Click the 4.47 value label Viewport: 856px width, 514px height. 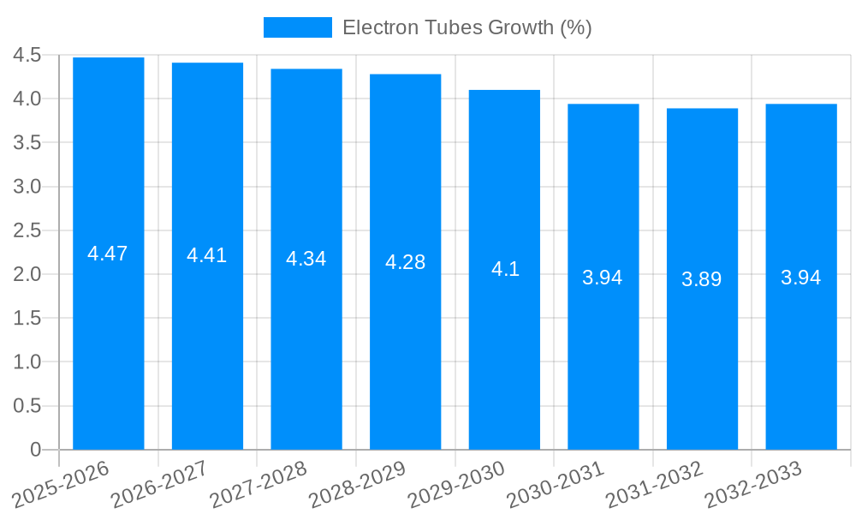click(108, 254)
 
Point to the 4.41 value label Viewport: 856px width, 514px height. click(207, 255)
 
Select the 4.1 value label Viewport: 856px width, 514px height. click(505, 269)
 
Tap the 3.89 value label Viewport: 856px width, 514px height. click(702, 279)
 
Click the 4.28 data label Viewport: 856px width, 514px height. click(406, 262)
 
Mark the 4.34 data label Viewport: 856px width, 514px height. click(306, 259)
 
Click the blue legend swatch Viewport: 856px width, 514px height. click(297, 27)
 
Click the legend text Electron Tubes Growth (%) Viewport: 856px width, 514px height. click(467, 27)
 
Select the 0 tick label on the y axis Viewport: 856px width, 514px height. click(35, 450)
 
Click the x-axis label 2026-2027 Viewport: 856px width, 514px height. click(155, 485)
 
